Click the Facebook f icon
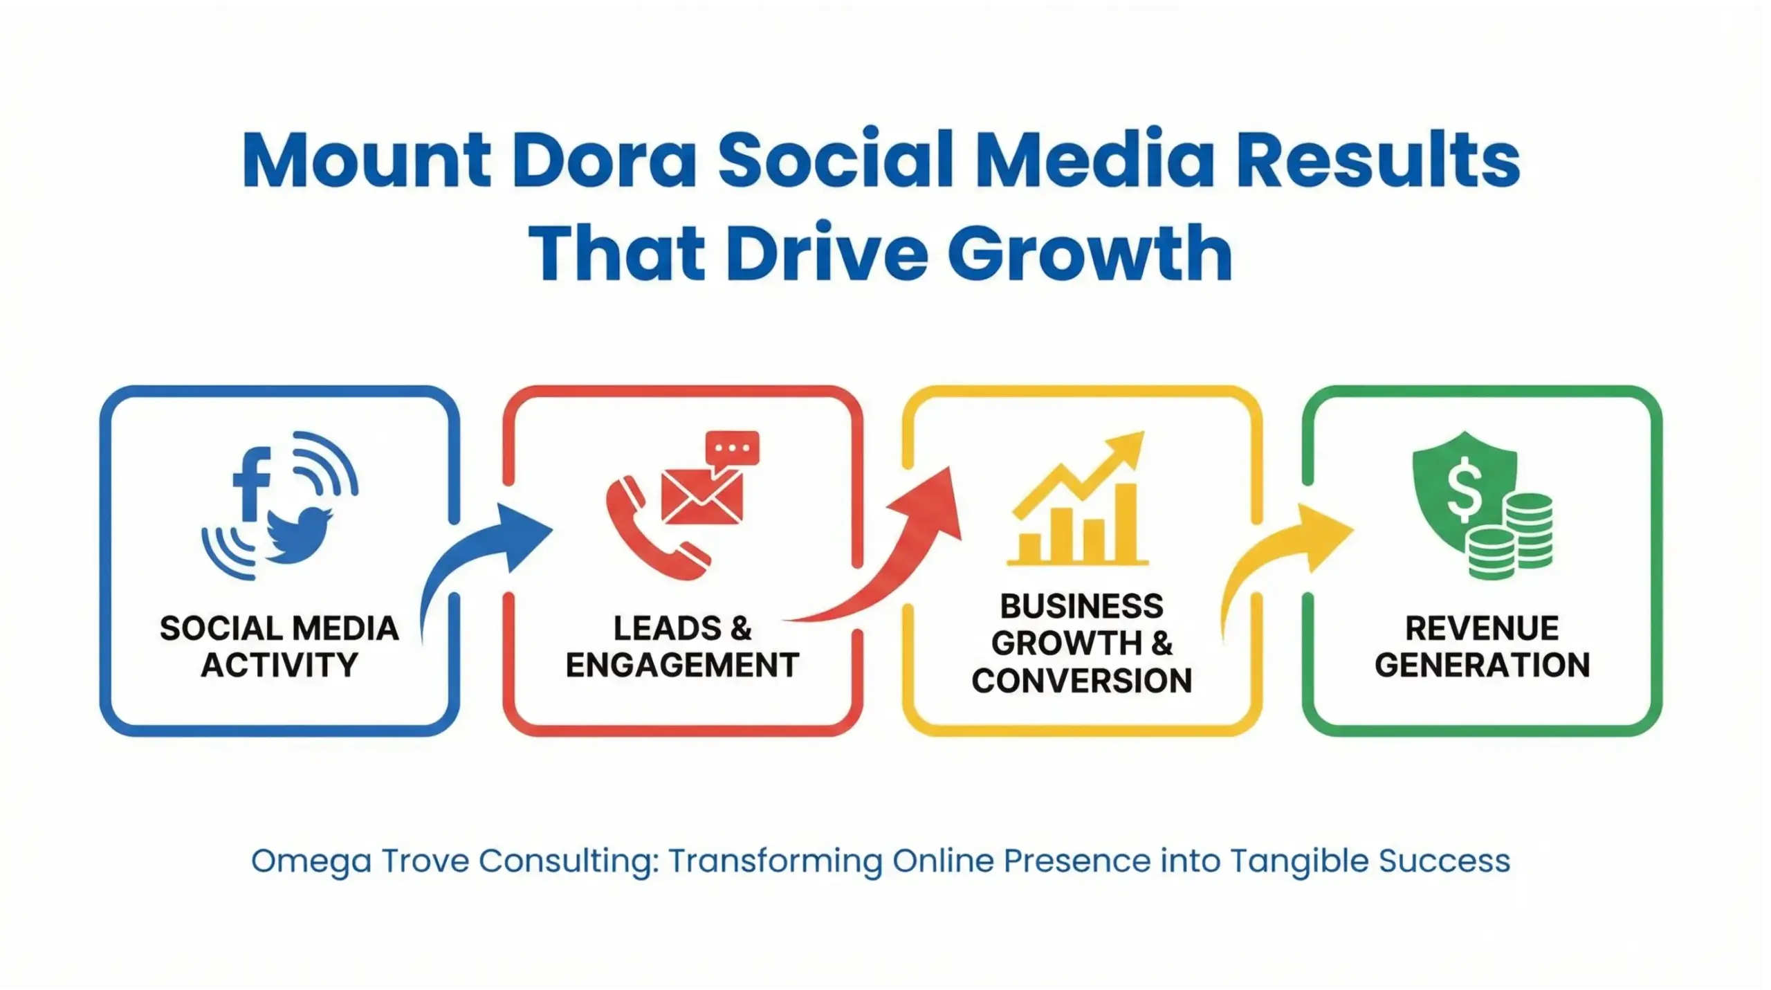click(250, 484)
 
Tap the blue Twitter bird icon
click(297, 535)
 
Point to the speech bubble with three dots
click(732, 448)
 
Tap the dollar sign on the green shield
click(1464, 492)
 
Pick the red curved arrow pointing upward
click(899, 553)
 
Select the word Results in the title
click(1377, 161)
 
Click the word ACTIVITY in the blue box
click(279, 666)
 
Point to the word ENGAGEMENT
click(682, 666)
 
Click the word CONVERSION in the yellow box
click(1082, 681)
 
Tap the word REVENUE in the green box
click(1482, 628)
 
